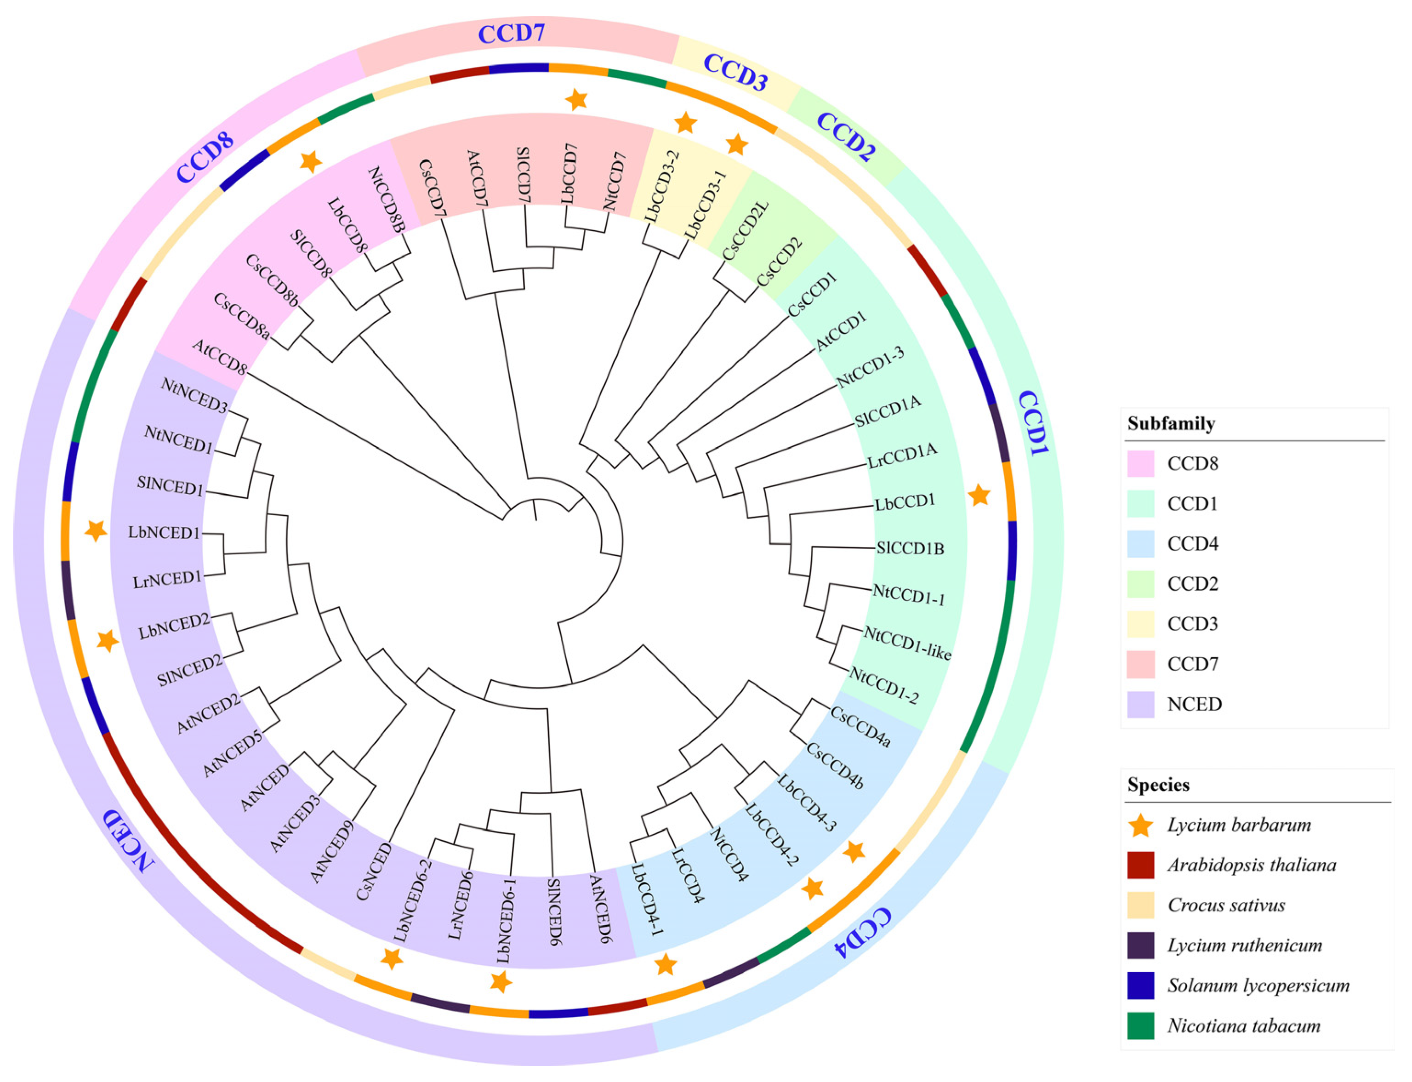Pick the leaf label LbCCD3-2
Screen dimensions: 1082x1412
point(661,186)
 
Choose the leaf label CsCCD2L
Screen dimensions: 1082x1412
point(746,231)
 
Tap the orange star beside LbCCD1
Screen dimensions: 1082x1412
point(979,495)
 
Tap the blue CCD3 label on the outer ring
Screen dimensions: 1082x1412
point(734,72)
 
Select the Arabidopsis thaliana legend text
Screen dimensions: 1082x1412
point(1251,865)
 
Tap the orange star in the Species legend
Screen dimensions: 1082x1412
point(1140,825)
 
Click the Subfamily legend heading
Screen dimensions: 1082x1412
point(1171,423)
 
